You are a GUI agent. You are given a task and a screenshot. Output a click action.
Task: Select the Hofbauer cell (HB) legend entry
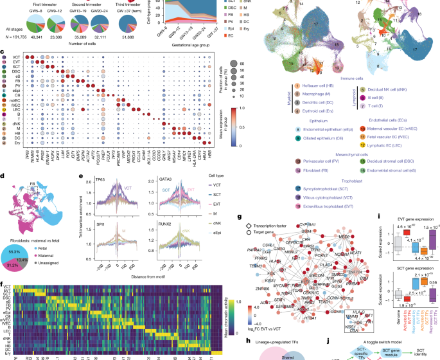pos(311,85)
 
